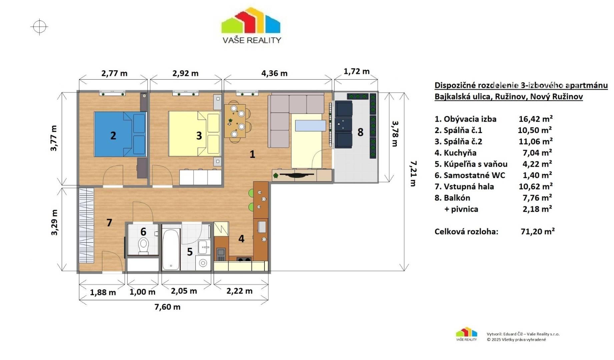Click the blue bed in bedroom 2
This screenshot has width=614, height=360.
(x=120, y=134)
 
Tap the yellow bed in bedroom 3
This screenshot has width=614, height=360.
(x=194, y=133)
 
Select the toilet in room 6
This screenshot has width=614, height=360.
(x=144, y=246)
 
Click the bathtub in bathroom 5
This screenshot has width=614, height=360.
(x=171, y=249)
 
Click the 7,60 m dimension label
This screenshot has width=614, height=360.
(x=167, y=307)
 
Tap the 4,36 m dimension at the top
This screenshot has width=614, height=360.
(x=274, y=73)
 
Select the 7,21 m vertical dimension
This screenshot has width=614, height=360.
(x=413, y=173)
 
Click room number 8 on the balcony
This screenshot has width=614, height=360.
(x=360, y=132)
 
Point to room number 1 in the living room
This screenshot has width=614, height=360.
(x=252, y=154)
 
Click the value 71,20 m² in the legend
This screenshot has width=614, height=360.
(x=538, y=231)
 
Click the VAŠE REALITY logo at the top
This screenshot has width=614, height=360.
(x=251, y=26)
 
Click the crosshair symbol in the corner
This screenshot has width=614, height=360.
(x=39, y=26)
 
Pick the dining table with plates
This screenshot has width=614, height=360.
(x=235, y=121)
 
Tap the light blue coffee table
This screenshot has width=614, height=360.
(x=311, y=126)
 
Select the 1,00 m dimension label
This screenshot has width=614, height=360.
(x=142, y=292)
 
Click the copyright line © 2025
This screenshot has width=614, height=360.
(x=516, y=340)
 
